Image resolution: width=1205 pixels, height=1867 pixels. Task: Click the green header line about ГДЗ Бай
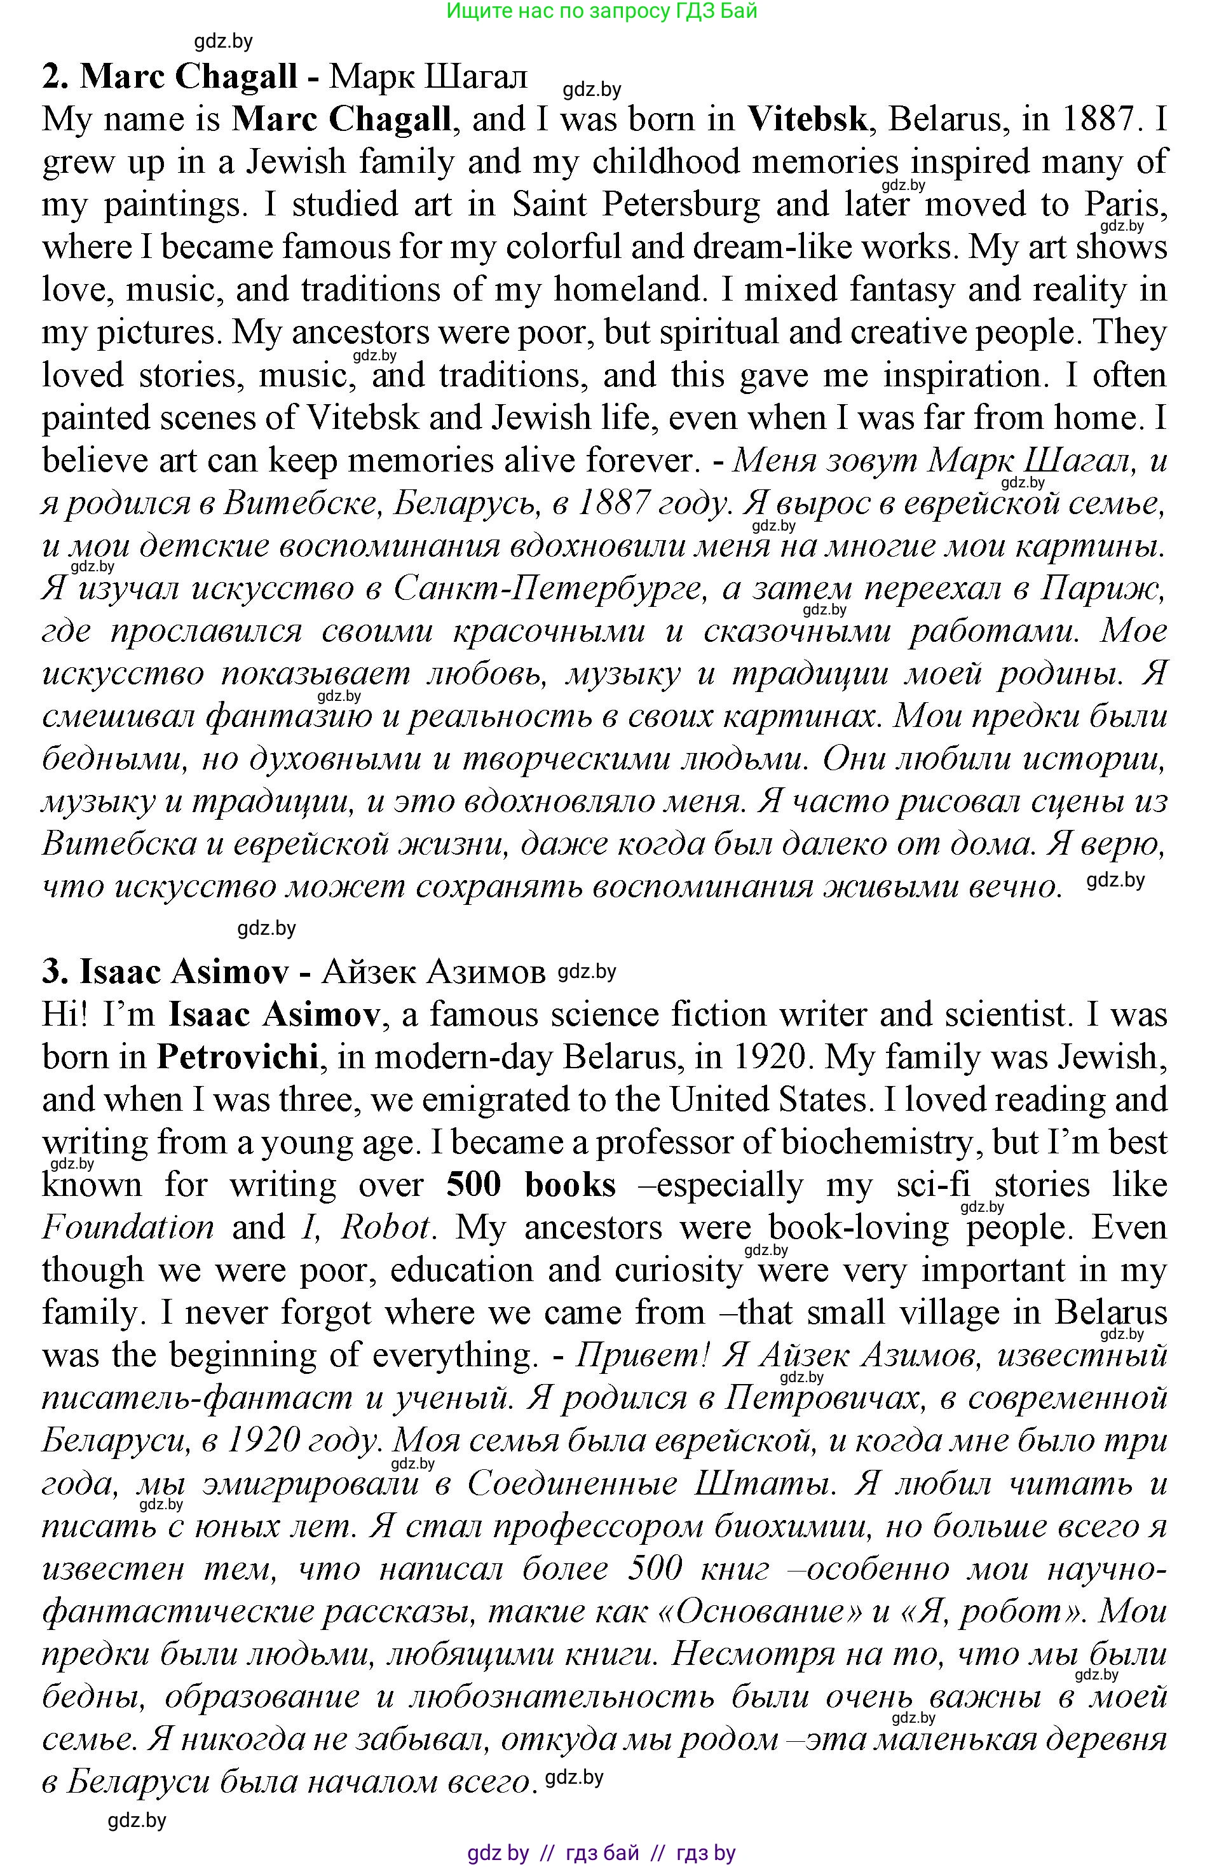tap(601, 11)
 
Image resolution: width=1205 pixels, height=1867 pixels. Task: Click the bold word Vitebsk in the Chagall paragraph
tap(807, 119)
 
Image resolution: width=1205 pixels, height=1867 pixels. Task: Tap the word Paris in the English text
tap(1125, 205)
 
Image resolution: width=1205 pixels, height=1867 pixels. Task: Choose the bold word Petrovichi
tap(238, 1057)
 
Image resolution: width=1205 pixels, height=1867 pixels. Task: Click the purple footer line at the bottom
tap(601, 1853)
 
